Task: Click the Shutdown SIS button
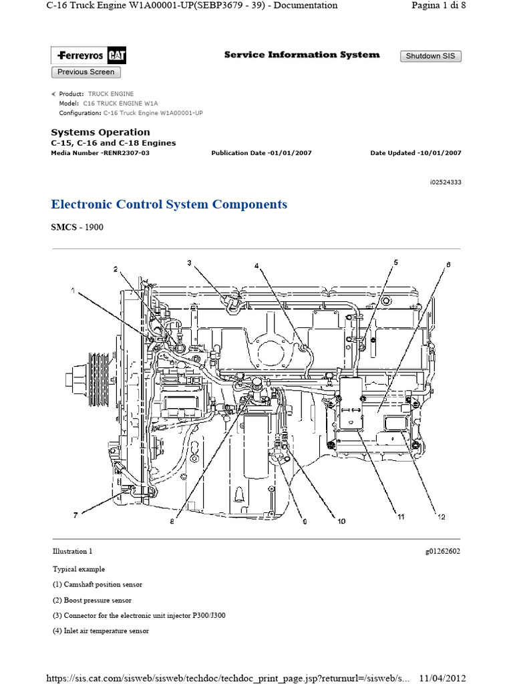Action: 430,56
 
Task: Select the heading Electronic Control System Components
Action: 169,204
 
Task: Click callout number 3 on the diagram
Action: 189,263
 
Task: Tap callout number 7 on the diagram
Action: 75,515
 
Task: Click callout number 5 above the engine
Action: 395,263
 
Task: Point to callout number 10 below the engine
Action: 341,522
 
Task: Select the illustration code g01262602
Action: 442,552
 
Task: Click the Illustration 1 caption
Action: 72,552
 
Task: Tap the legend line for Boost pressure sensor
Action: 92,601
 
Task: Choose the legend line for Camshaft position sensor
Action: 98,584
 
